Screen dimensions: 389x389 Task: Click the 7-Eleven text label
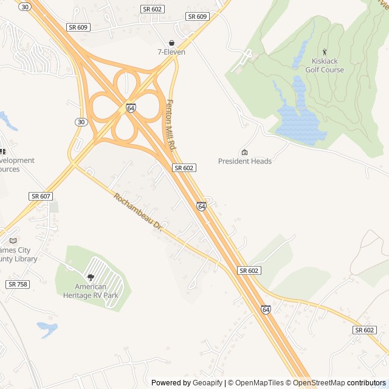click(171, 52)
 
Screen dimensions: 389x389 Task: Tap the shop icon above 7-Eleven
click(171, 43)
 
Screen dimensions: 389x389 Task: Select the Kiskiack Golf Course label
click(328, 66)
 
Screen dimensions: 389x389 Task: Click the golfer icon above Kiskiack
click(325, 52)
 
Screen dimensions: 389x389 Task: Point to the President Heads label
click(245, 161)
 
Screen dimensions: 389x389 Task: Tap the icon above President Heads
click(244, 152)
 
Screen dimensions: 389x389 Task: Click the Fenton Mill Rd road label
click(171, 126)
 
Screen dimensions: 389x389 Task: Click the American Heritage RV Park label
click(91, 291)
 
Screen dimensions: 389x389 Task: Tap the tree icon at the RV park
click(91, 277)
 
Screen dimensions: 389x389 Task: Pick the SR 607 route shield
click(41, 196)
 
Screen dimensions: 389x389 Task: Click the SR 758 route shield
click(18, 284)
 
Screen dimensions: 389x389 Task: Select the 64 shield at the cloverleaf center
click(131, 108)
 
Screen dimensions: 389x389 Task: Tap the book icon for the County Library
click(13, 240)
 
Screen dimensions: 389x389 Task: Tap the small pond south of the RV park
click(47, 329)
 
